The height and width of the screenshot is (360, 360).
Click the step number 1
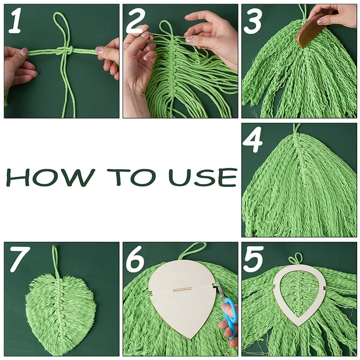(x=15, y=22)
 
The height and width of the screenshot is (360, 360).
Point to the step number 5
(x=253, y=260)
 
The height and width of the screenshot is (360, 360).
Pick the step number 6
(x=135, y=260)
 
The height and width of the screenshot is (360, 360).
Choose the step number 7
(x=19, y=260)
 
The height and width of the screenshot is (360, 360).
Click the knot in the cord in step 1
(x=64, y=51)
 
